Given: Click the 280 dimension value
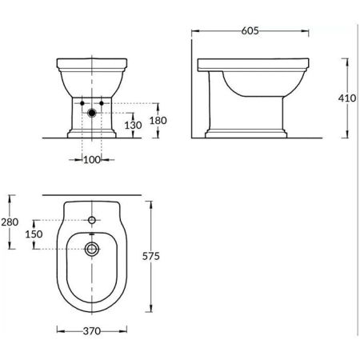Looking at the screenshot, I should point(10,222).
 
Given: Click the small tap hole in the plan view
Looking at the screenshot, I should point(93,218).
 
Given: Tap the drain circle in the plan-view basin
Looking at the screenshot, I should point(93,249).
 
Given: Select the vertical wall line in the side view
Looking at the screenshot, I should point(193,88).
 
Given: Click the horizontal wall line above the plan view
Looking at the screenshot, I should point(93,194).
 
